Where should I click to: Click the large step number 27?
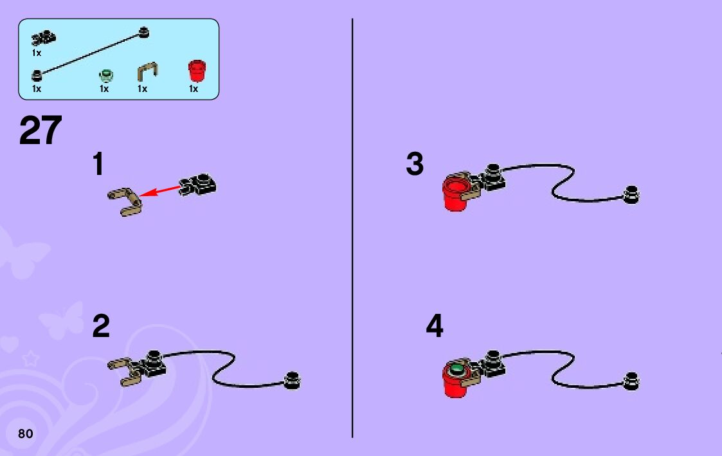41,131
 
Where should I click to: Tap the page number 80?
25,433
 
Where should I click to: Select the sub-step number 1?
98,165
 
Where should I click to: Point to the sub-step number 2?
101,327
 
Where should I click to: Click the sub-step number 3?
415,165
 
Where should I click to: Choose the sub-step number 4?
435,327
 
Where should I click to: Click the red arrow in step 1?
160,190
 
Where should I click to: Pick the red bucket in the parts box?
195,69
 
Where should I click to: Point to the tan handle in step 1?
125,201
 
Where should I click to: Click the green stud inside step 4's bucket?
458,369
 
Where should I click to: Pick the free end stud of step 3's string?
631,195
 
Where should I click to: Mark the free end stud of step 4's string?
631,381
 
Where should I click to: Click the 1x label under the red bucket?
194,89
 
